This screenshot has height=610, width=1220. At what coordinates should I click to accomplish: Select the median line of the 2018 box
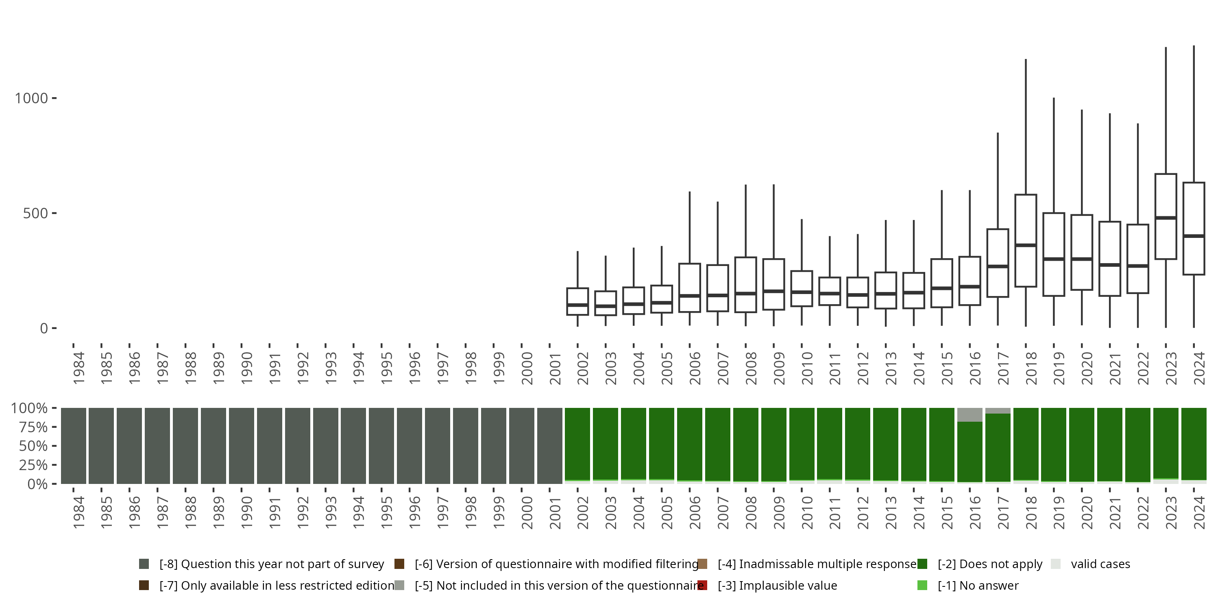pyautogui.click(x=1026, y=245)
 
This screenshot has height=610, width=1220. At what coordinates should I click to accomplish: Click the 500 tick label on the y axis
pyautogui.click(x=35, y=213)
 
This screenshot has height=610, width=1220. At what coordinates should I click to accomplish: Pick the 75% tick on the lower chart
pyautogui.click(x=33, y=427)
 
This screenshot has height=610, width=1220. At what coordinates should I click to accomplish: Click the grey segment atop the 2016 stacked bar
pyautogui.click(x=969, y=414)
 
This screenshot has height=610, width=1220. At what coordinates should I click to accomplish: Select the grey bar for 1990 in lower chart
pyautogui.click(x=242, y=445)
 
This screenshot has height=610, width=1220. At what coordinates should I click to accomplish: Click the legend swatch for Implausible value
pyautogui.click(x=702, y=585)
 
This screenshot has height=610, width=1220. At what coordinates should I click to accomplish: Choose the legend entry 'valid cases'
pyautogui.click(x=1100, y=564)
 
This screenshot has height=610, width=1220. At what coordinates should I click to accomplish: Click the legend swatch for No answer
pyautogui.click(x=922, y=585)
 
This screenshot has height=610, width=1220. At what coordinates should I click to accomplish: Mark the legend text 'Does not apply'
pyautogui.click(x=990, y=564)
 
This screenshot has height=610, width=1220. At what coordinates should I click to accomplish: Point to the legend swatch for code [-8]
pyautogui.click(x=144, y=564)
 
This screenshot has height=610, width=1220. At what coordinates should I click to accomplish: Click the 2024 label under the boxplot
pyautogui.click(x=1199, y=368)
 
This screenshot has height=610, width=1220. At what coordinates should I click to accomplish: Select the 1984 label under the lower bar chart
pyautogui.click(x=78, y=512)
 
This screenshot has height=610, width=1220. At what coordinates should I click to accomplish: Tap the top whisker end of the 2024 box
pyautogui.click(x=1194, y=46)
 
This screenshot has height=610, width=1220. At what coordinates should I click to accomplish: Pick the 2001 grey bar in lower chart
pyautogui.click(x=549, y=445)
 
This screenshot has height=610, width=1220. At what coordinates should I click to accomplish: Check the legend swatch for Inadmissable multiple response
pyautogui.click(x=702, y=564)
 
